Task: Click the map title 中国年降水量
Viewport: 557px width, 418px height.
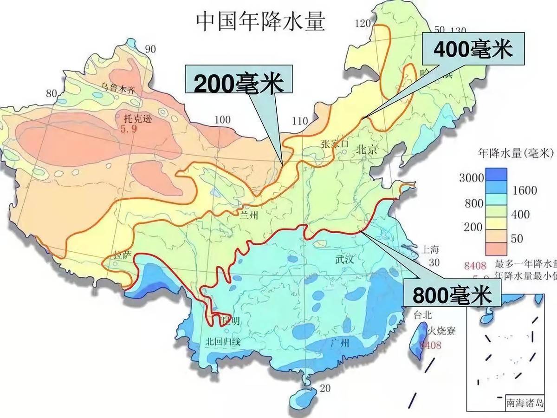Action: (x=259, y=21)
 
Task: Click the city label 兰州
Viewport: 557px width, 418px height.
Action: (x=249, y=215)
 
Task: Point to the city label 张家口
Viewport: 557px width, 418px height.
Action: (x=335, y=144)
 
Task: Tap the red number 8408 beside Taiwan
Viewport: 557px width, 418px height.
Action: (x=430, y=346)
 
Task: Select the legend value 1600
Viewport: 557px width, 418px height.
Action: (x=525, y=190)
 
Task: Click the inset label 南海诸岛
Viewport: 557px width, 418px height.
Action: (x=524, y=403)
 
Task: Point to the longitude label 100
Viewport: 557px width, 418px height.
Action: (x=222, y=120)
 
